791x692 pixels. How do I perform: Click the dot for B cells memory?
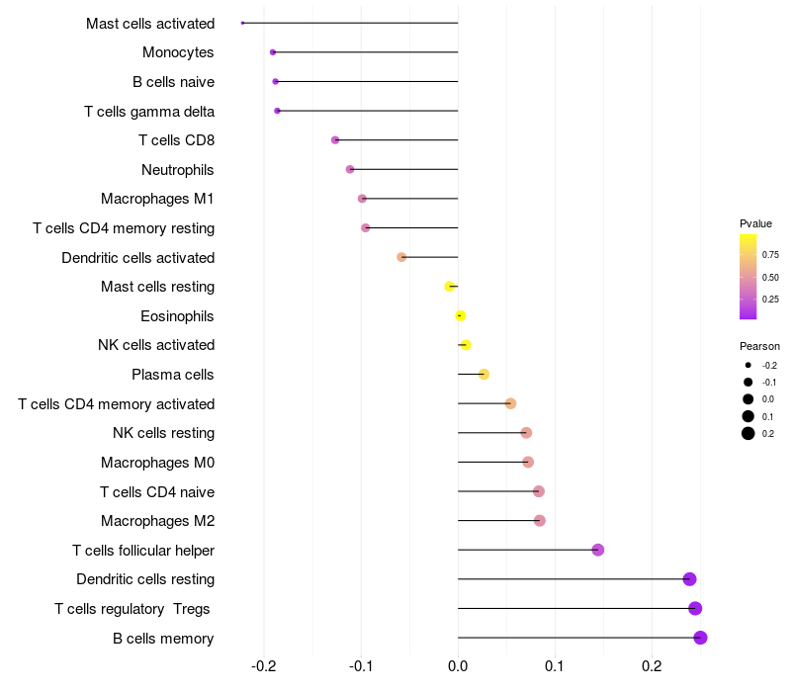coord(700,638)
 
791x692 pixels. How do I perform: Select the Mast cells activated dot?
coord(242,23)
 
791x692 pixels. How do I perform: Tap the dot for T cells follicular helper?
coord(597,550)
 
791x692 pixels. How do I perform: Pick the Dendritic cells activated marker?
coord(401,257)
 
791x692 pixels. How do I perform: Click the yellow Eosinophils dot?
coord(460,315)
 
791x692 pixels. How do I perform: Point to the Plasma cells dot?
coord(483,374)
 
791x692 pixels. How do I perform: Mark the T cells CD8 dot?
coord(335,140)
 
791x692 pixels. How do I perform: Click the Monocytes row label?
coord(178,52)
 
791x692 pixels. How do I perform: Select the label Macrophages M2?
coord(157,521)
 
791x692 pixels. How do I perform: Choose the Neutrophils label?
coord(177,170)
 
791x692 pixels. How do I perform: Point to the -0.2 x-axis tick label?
coord(264,666)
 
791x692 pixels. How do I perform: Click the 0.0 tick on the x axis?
coord(458,666)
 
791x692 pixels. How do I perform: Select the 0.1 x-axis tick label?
coord(555,666)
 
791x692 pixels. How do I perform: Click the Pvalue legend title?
coord(755,223)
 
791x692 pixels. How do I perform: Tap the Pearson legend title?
coord(759,347)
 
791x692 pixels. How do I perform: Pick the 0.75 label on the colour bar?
coord(770,255)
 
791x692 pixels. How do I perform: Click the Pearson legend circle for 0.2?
coord(748,433)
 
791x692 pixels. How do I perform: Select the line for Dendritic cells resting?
coord(573,579)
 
